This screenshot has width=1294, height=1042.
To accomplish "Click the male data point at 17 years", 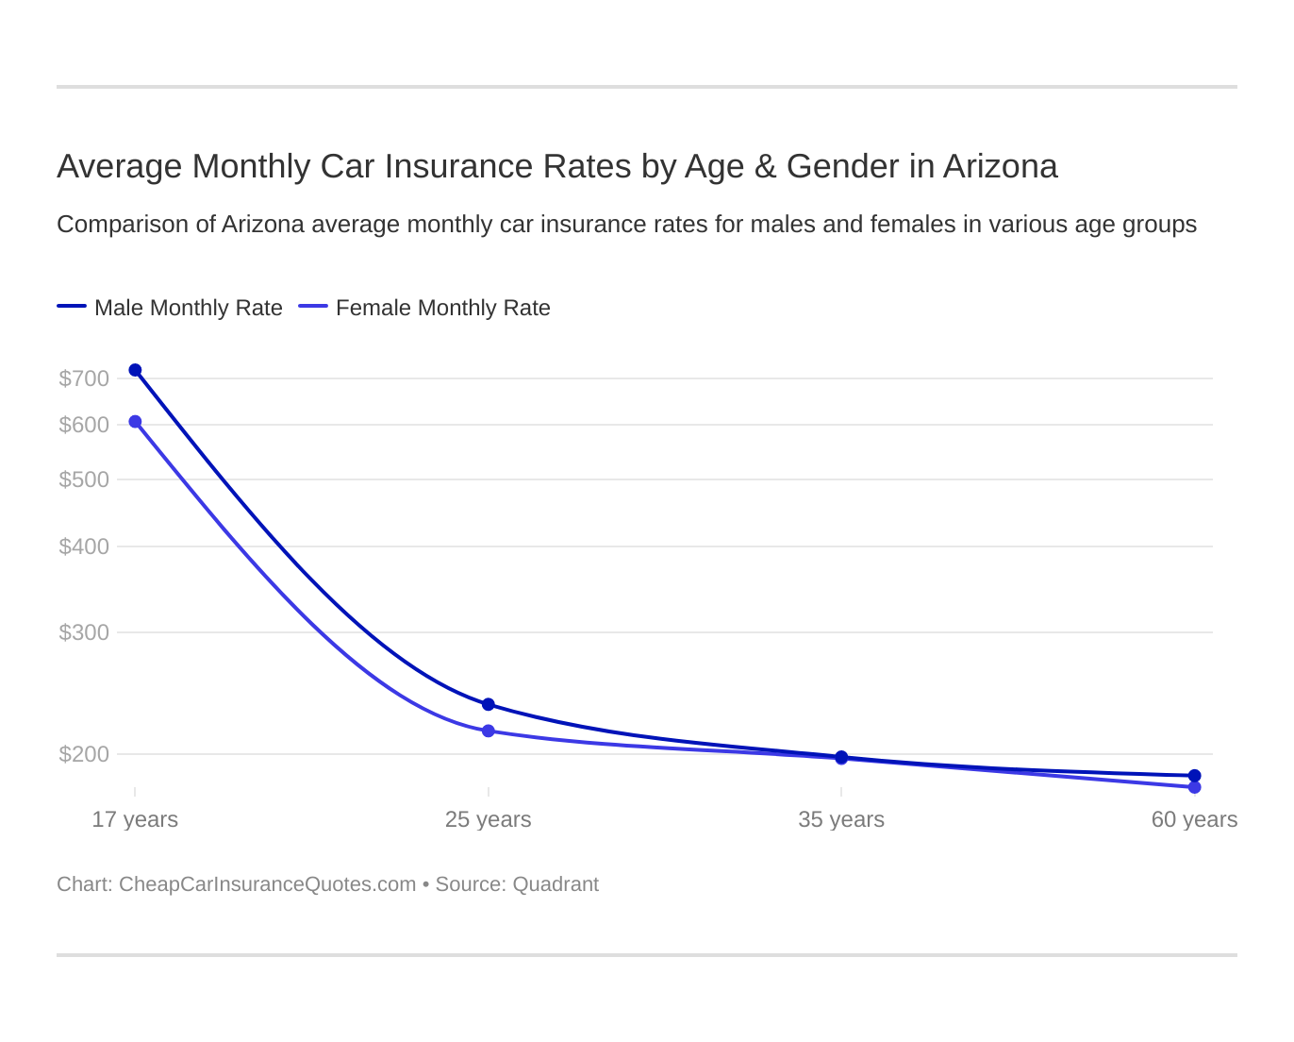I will [x=135, y=370].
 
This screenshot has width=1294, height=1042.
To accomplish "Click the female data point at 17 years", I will [x=135, y=422].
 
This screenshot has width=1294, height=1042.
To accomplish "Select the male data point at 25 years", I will [x=489, y=704].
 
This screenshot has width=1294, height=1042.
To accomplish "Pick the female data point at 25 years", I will [x=489, y=731].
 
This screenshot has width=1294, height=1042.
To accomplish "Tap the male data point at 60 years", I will [x=1194, y=776].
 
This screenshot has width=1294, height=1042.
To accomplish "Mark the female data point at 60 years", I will [x=1194, y=787].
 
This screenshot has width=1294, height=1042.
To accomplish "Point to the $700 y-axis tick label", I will [x=84, y=378].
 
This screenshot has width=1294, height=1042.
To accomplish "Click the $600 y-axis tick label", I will [x=84, y=425].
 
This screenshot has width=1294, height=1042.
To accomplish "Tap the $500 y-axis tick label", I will [x=84, y=479].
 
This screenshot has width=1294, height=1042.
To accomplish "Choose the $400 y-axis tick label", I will [x=84, y=546].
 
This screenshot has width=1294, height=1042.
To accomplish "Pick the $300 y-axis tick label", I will [x=84, y=632].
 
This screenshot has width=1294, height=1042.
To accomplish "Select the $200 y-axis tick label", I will [x=84, y=754].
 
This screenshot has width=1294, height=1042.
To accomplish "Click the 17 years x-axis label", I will [x=135, y=819].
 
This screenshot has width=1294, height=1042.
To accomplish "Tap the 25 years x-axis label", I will [x=489, y=819].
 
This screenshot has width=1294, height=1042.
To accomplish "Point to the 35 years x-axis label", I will [x=841, y=819].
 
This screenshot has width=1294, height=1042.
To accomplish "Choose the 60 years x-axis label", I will [x=1194, y=819].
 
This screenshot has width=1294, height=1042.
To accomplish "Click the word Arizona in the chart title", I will [x=1000, y=166].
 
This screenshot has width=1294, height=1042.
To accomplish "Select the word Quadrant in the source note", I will [x=556, y=884].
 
